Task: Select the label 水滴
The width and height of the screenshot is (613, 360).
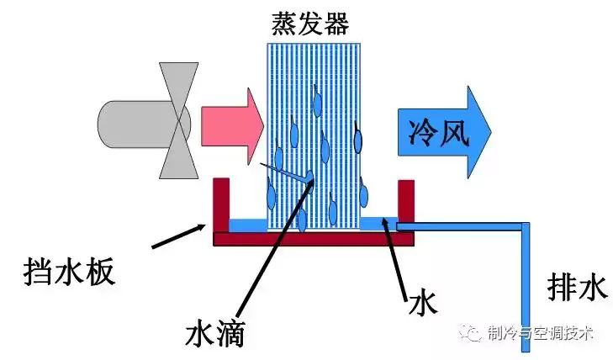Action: pos(214,334)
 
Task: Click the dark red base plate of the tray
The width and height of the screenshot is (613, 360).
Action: pos(314,239)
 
